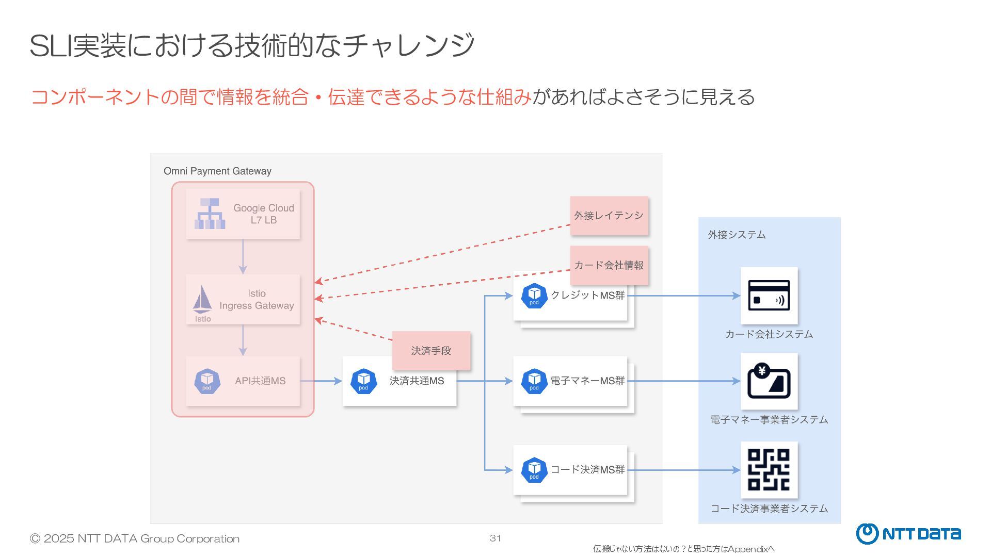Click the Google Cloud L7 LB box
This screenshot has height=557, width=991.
(243, 214)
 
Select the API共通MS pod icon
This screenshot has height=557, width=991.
(207, 381)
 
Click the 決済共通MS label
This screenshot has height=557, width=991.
(417, 381)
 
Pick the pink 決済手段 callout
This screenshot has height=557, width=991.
(431, 351)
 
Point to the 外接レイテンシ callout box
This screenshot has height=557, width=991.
(609, 216)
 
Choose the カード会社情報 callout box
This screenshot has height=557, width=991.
(609, 266)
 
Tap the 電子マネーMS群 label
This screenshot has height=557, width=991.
(587, 381)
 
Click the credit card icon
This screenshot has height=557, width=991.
(769, 296)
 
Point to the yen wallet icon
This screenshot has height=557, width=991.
(769, 381)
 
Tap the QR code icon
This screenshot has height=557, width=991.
(769, 470)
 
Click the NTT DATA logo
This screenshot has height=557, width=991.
(908, 534)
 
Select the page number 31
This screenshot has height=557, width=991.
(495, 538)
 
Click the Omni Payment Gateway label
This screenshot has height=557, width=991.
(217, 171)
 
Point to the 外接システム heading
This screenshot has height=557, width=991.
(737, 235)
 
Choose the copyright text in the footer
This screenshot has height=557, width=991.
(135, 539)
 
